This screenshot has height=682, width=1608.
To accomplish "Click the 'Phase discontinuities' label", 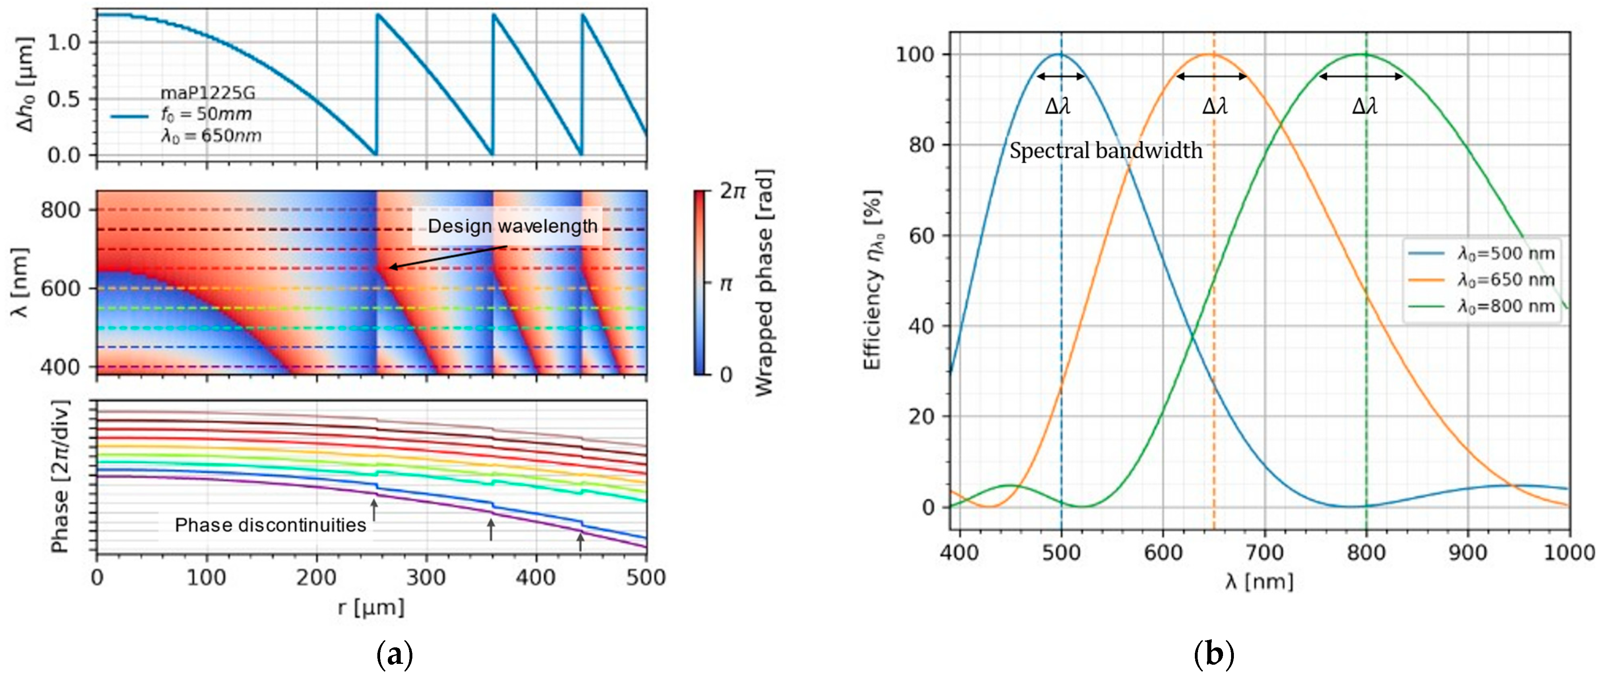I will coord(270,525).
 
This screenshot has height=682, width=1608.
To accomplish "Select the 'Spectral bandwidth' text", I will coord(1105,151).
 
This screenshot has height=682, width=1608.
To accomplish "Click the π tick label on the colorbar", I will coord(725,284).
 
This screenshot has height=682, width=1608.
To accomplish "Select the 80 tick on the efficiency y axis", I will coord(921,145).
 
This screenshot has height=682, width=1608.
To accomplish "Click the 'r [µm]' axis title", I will coord(371,607).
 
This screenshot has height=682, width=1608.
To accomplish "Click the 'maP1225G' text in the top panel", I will coord(207,93).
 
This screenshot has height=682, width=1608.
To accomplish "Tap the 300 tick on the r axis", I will coord(426,578).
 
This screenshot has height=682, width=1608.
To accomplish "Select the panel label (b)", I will coord(1213,656).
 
